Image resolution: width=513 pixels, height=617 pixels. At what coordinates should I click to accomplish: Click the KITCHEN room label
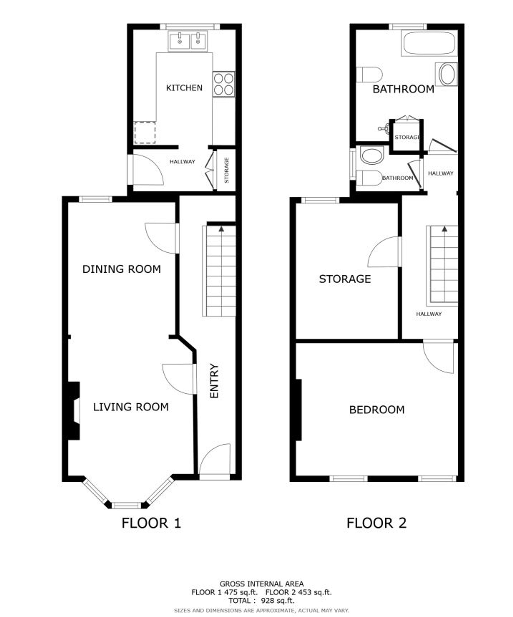click(x=184, y=88)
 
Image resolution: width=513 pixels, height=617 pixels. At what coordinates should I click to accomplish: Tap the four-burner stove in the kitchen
click(x=223, y=84)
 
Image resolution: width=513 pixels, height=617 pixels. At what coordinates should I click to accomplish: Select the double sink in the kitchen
click(x=188, y=41)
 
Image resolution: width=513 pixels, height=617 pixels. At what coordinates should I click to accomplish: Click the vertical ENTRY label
click(x=214, y=381)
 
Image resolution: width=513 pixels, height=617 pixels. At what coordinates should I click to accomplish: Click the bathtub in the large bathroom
click(x=429, y=43)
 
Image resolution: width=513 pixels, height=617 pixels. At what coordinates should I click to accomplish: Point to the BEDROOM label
click(x=377, y=410)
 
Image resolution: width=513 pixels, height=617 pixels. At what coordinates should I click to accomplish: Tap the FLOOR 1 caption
click(x=151, y=523)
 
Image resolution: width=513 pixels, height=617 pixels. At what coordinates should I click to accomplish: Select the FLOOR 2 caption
click(x=377, y=523)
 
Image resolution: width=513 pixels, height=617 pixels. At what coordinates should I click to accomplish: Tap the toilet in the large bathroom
click(x=369, y=75)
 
